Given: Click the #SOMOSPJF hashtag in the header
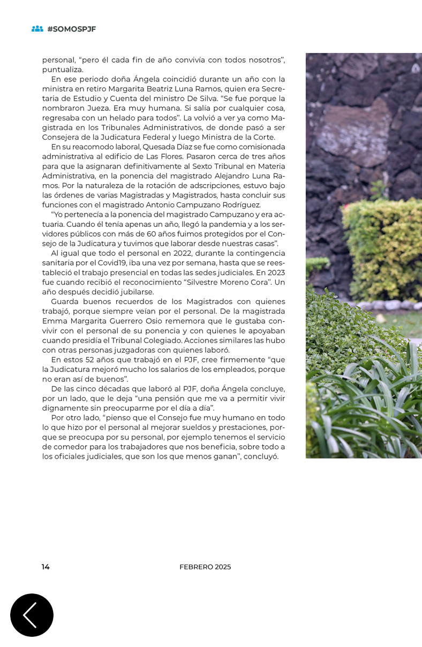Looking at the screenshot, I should [71, 29].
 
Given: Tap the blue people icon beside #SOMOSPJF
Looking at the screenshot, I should [37, 29].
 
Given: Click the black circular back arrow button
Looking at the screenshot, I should [32, 615].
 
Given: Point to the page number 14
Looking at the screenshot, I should [46, 567].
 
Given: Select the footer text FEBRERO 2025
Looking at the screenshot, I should [205, 567].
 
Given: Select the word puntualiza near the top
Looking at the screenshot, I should [62, 70].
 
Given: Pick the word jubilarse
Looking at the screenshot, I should [136, 292].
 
